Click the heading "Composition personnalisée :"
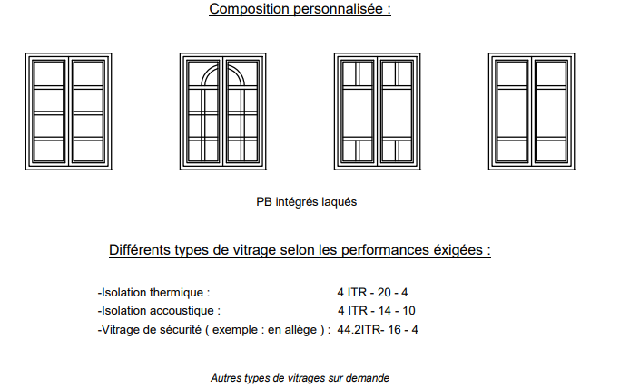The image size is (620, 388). (x=300, y=9)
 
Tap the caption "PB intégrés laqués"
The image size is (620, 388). (x=307, y=201)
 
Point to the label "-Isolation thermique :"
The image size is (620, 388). (x=153, y=293)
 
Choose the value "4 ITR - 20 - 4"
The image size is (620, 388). (x=372, y=293)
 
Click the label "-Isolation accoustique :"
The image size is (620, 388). (x=159, y=311)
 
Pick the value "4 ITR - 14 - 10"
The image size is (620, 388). (x=377, y=311)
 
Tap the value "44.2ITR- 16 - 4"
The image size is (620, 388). (x=378, y=330)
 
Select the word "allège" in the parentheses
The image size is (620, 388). (x=301, y=330)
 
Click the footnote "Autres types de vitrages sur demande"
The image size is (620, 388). (x=300, y=378)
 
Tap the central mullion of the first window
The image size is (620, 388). (x=69, y=112)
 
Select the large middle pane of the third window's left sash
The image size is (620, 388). (x=358, y=113)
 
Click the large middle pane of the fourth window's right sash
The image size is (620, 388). (x=551, y=113)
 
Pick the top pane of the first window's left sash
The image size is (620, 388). (x=49, y=73)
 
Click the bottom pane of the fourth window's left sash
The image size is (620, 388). (x=512, y=150)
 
